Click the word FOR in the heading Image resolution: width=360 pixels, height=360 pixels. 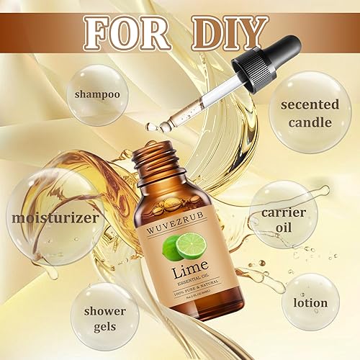[123, 32]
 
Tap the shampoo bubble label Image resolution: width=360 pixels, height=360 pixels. [94, 94]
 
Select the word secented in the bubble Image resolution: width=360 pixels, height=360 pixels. [310, 104]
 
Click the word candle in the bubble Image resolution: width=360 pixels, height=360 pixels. [310, 122]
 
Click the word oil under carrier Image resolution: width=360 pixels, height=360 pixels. [282, 230]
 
